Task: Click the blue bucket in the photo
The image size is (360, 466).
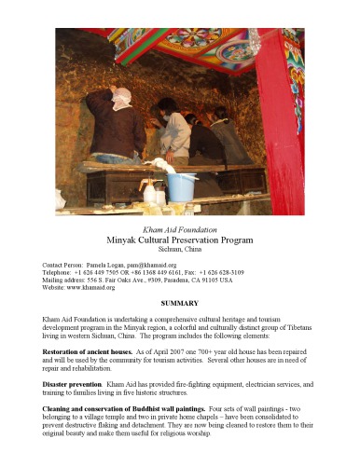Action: [183, 185]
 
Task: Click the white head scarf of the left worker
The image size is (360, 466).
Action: [120, 96]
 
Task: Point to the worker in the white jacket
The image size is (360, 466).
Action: [173, 130]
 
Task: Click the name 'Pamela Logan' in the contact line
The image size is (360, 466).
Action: [103, 266]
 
